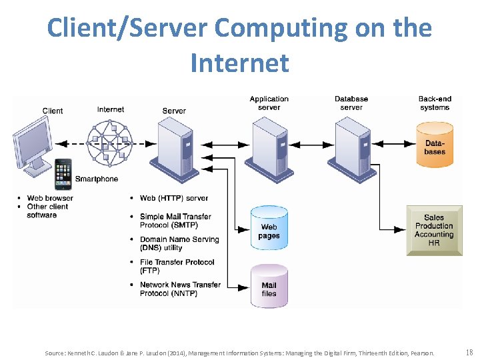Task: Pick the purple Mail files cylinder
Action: [x=269, y=285]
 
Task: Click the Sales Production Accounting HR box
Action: [x=434, y=230]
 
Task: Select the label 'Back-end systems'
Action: [x=435, y=103]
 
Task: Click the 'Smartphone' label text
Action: [x=97, y=179]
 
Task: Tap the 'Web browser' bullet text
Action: [x=50, y=198]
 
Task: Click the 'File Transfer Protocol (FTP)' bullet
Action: [x=177, y=266]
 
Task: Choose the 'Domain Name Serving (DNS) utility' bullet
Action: [x=179, y=243]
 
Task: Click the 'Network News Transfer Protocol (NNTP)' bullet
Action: [x=179, y=289]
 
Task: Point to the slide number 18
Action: [x=469, y=352]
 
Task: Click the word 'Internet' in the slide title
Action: [x=239, y=63]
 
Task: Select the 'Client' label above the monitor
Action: [x=53, y=111]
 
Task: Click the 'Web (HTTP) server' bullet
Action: [x=173, y=198]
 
